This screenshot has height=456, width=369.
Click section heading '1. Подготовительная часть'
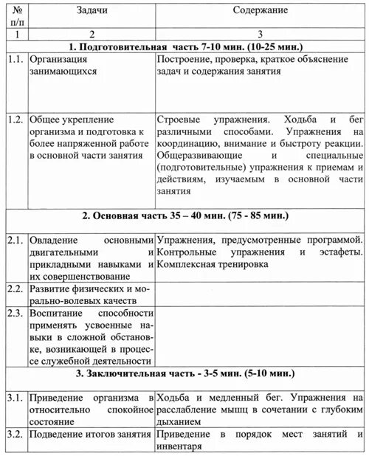185,46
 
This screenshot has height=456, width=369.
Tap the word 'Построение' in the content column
186,60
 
